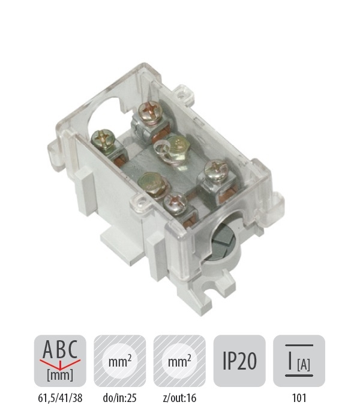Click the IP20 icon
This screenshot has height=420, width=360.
(239, 361)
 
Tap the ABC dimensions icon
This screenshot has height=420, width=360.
(60, 361)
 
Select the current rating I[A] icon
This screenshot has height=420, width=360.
(299, 361)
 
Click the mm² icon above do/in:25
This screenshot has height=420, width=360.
(120, 361)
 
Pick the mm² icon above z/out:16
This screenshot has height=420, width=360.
(179, 361)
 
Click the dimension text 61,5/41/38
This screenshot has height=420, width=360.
(60, 398)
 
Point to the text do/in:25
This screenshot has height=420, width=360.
(120, 398)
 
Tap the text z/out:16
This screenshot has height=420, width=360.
(179, 398)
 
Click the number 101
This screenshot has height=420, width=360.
(299, 398)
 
